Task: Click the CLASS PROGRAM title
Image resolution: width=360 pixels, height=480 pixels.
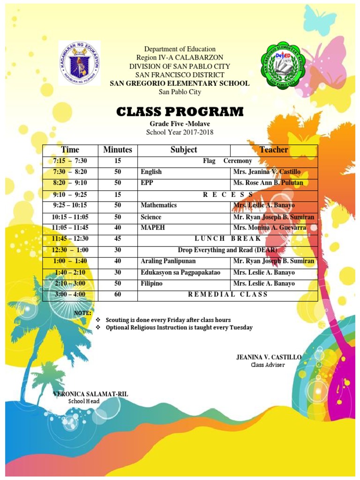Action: (180, 112)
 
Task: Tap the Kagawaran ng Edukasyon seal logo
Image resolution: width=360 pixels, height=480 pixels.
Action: (79, 62)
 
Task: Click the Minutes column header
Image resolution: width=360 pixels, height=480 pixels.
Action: (118, 150)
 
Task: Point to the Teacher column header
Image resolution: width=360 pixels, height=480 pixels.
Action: (274, 150)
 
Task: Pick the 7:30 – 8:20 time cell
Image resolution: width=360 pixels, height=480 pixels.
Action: (70, 172)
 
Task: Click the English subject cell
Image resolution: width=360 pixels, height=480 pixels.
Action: (151, 172)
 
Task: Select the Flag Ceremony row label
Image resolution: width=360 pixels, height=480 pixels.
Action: (227, 161)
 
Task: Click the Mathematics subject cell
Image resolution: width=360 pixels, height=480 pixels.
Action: (158, 205)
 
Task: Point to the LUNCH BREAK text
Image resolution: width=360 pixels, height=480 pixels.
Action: (227, 239)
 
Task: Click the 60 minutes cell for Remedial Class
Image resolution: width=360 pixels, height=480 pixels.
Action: (118, 294)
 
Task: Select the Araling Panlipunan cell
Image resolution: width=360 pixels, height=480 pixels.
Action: (168, 261)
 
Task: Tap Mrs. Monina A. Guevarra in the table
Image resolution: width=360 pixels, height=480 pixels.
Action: (270, 227)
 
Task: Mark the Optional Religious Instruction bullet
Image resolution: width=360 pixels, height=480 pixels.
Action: (179, 328)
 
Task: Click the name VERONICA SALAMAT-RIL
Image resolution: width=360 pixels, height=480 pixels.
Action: (90, 394)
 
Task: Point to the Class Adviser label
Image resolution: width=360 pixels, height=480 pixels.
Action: (268, 365)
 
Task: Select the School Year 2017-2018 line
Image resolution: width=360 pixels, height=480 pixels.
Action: (180, 132)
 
